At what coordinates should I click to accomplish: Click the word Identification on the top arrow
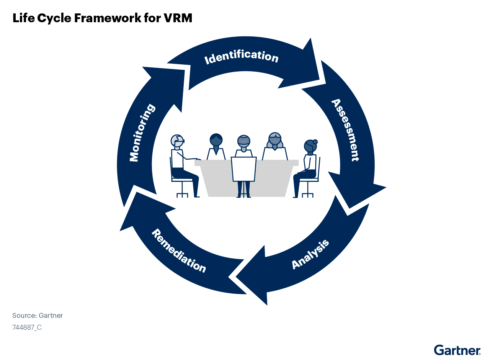tap(241, 57)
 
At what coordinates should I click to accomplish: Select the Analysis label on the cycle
tap(310, 254)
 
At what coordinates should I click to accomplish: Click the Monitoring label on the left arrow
tap(142, 133)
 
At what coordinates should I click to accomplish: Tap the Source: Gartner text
tap(38, 316)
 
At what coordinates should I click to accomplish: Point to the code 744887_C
tap(27, 327)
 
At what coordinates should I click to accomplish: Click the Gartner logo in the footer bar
tap(457, 350)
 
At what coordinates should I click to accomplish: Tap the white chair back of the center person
tap(243, 169)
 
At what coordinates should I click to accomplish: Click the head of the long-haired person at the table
tap(274, 140)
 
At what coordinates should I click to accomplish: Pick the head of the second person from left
tap(216, 140)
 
